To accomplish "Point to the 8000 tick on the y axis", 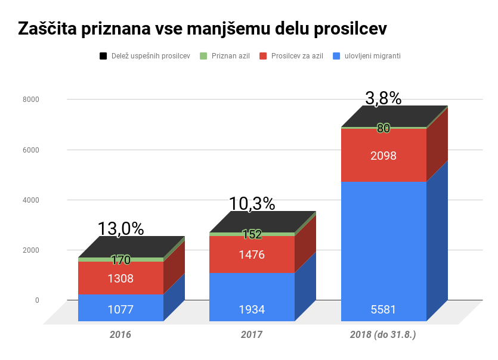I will pyautogui.click(x=31, y=99).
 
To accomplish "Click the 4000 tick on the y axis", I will pyautogui.click(x=31, y=200).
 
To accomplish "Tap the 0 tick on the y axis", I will pyautogui.click(x=37, y=300).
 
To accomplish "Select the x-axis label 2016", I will pyautogui.click(x=120, y=335).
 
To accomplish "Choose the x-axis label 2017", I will pyautogui.click(x=252, y=335).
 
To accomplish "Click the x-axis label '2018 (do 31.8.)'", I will pyautogui.click(x=383, y=335).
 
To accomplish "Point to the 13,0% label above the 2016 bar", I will pyautogui.click(x=120, y=228).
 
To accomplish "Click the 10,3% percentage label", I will pyautogui.click(x=252, y=204).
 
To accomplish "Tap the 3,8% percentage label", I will pyautogui.click(x=383, y=98).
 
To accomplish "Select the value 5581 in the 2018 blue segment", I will pyautogui.click(x=383, y=309).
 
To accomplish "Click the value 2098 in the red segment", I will pyautogui.click(x=383, y=156).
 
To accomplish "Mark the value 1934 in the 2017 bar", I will pyautogui.click(x=252, y=309).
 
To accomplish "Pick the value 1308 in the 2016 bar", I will pyautogui.click(x=120, y=278).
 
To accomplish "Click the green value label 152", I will pyautogui.click(x=252, y=234).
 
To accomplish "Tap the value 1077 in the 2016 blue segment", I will pyautogui.click(x=120, y=309).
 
